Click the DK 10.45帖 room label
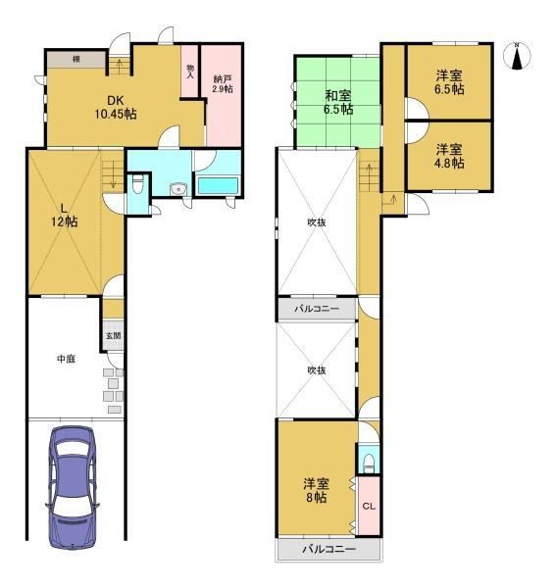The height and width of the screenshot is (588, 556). point(115,107)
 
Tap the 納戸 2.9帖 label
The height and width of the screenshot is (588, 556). point(223,84)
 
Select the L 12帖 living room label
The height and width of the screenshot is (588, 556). point(65,216)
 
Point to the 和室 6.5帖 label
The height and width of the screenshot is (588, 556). point(338,102)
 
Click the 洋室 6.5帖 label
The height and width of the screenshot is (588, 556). point(449,82)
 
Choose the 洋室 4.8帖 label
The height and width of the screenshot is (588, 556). point(449,157)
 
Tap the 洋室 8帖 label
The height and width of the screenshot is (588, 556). point(317,491)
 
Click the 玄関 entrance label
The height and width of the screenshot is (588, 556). point(113,335)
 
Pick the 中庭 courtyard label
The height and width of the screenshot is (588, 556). point(66,359)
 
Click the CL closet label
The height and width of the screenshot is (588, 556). point(369,507)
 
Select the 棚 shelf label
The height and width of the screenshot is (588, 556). point(76,59)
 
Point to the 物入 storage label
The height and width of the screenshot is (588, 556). point(190,71)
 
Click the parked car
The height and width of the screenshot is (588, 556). point(73,487)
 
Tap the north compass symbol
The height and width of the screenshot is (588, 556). point(517,56)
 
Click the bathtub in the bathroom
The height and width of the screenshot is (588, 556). point(218,185)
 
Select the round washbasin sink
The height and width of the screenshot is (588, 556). point(177,189)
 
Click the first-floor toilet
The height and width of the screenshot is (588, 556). point(138,184)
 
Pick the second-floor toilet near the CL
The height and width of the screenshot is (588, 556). point(369,465)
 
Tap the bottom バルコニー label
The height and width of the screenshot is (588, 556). point(329,550)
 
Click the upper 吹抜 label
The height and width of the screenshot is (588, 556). point(317,222)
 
